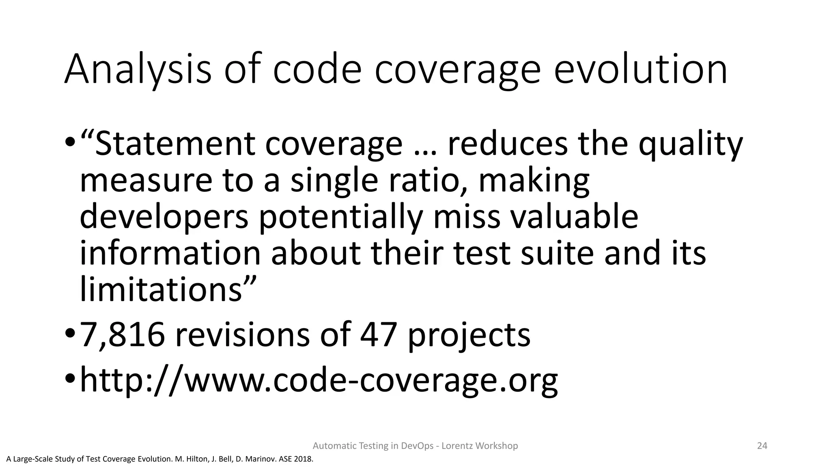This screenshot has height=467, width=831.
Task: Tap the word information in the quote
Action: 170,253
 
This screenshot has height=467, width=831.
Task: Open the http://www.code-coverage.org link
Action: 319,380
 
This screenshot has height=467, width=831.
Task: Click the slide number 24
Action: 762,446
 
